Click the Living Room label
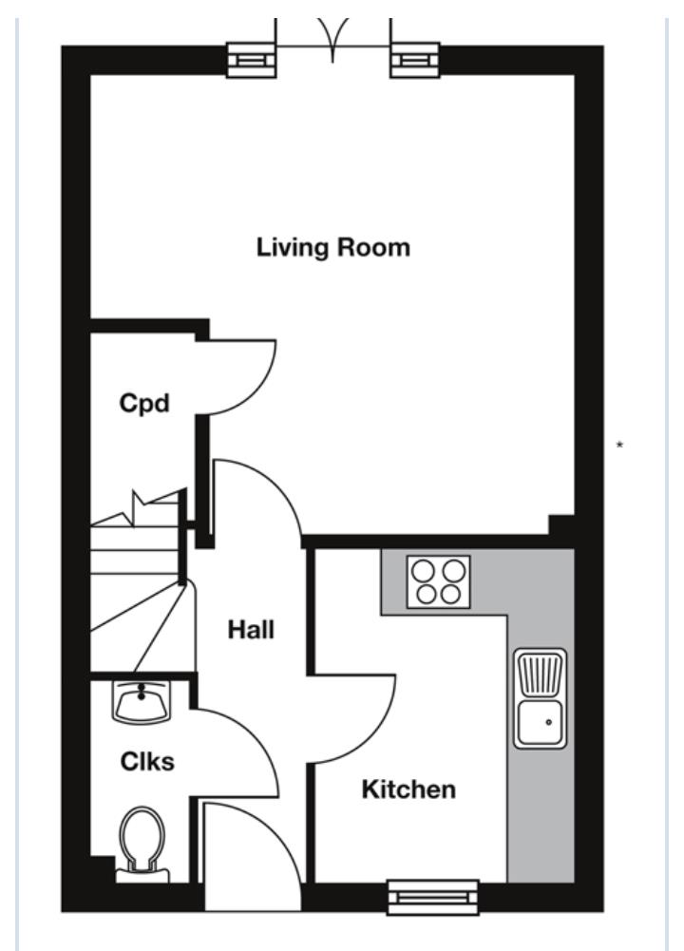point(333,248)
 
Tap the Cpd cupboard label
point(143,403)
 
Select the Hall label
point(250,629)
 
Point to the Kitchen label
point(408,789)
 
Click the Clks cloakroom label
point(147,761)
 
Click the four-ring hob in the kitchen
point(438,581)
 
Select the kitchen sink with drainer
point(541,697)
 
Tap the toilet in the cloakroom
point(142,841)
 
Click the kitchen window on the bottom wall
point(433,896)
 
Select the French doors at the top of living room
point(332,43)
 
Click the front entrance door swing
point(249,855)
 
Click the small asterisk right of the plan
point(620,445)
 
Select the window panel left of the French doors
point(251,60)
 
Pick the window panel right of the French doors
point(414,60)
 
